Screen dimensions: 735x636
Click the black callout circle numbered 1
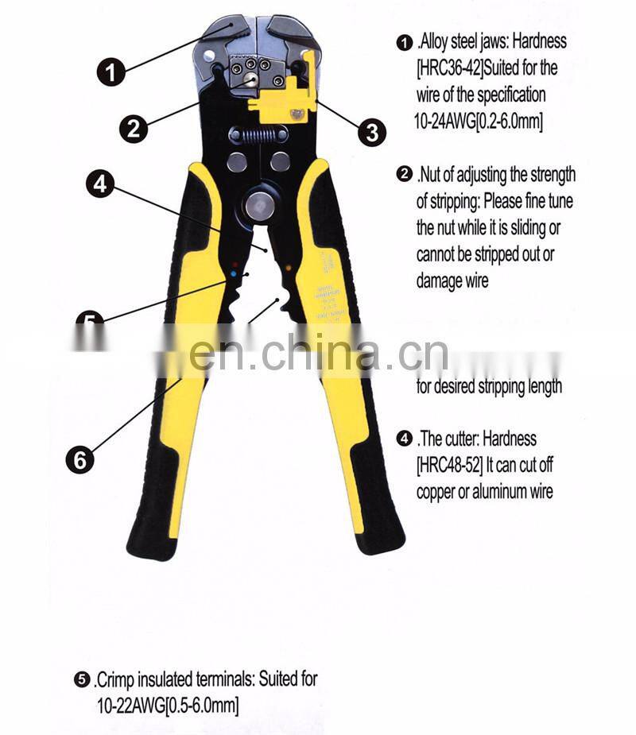[x=111, y=72]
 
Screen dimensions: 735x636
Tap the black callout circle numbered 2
[x=134, y=128]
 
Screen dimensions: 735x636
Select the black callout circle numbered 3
[x=371, y=132]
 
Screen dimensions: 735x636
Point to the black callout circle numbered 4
[x=99, y=184]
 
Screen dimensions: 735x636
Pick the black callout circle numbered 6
[x=79, y=459]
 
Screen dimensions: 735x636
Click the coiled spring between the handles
[x=258, y=135]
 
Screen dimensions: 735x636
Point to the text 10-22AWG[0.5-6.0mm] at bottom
[x=167, y=705]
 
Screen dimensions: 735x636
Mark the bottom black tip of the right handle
[x=380, y=540]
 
